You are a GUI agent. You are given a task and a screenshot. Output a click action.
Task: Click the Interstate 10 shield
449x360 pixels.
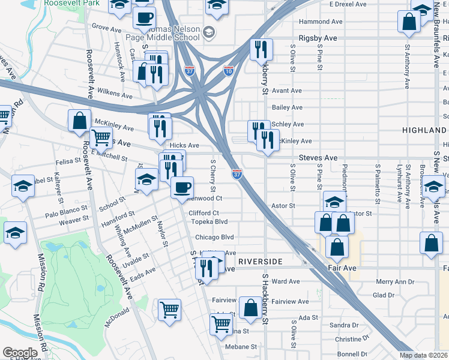pos(229,71)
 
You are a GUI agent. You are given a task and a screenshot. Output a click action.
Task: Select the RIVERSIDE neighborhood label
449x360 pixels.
pos(259,262)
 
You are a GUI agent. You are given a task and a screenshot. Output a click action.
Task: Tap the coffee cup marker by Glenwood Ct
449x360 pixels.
pos(182,187)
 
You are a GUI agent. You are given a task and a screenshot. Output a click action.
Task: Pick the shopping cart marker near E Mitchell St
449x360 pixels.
pos(101,139)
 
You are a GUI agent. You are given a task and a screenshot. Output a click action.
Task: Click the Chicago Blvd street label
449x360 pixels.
pos(214,237)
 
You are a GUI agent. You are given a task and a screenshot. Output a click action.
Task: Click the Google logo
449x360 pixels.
pos(20,353)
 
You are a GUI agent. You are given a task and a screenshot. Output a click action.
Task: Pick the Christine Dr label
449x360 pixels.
pos(348,339)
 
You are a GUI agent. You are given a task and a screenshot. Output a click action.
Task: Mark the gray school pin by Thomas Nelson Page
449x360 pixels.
pos(209,32)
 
